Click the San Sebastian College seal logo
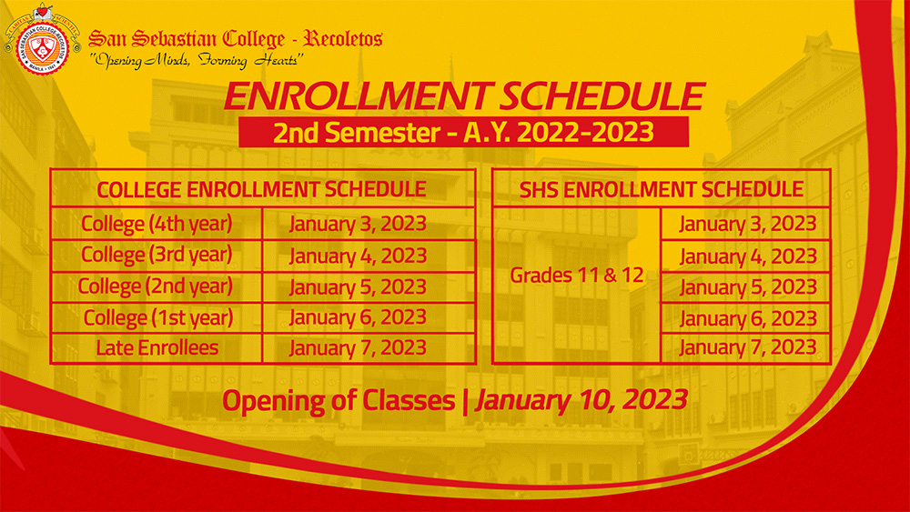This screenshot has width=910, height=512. click(42, 41)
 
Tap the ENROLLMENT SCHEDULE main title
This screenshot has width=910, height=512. click(464, 95)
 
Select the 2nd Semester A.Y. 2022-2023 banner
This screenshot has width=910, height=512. click(464, 132)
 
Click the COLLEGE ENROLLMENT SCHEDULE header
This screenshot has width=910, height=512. click(261, 189)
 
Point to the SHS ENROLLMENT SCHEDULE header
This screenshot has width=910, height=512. click(661, 189)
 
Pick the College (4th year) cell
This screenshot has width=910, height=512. click(157, 224)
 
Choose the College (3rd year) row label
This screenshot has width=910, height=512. click(157, 256)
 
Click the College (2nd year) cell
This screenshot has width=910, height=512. click(156, 286)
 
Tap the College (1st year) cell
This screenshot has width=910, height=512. click(158, 317)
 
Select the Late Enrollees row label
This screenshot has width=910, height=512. click(157, 348)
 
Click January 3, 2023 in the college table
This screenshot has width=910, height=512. click(358, 224)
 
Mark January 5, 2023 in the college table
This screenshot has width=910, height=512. click(358, 287)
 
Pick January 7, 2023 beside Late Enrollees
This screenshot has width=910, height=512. click(358, 348)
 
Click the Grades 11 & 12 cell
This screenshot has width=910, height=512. click(577, 275)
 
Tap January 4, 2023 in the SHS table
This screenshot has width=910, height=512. click(748, 256)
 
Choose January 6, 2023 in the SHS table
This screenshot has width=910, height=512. click(748, 318)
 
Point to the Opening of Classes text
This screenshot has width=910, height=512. click(339, 401)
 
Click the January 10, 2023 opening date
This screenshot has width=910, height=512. click(581, 400)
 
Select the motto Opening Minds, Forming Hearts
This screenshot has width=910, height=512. click(197, 60)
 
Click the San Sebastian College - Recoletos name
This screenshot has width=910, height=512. click(235, 38)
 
